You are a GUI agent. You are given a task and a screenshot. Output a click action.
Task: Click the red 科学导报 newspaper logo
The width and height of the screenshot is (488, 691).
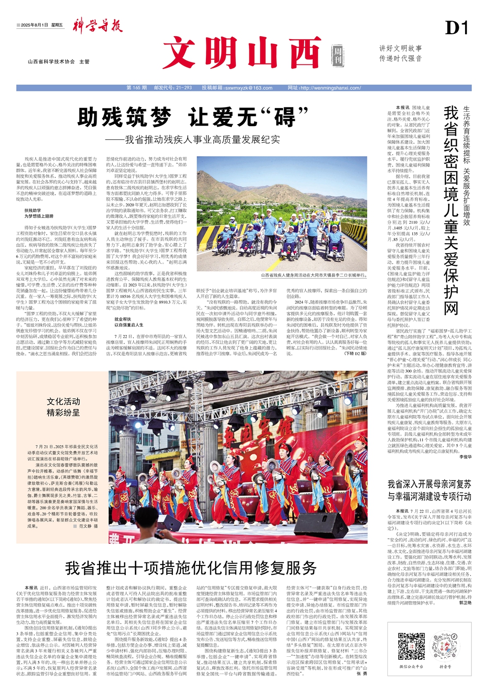(x=98, y=26)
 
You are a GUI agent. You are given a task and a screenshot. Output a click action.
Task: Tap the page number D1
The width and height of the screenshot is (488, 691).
(x=457, y=28)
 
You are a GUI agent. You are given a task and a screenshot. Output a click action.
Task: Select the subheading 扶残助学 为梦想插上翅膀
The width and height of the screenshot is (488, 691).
(x=39, y=213)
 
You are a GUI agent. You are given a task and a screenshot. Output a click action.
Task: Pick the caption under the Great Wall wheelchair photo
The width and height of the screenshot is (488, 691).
(x=313, y=275)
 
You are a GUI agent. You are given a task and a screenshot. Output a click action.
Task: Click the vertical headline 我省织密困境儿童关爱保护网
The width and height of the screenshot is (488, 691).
(x=451, y=210)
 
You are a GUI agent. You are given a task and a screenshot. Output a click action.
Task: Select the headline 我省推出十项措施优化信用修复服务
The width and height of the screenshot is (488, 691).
(x=191, y=567)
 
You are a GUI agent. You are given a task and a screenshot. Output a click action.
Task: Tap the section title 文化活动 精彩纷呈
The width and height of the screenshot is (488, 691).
(x=63, y=407)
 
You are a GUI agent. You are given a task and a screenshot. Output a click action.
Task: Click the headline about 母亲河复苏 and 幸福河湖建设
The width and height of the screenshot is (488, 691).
(x=429, y=490)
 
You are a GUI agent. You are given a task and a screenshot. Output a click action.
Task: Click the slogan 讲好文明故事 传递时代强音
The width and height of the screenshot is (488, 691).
(x=401, y=53)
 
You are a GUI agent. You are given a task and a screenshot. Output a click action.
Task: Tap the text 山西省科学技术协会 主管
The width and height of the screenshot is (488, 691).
(x=59, y=62)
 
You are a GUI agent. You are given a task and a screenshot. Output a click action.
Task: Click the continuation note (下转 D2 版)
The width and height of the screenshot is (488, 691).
(x=355, y=353)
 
